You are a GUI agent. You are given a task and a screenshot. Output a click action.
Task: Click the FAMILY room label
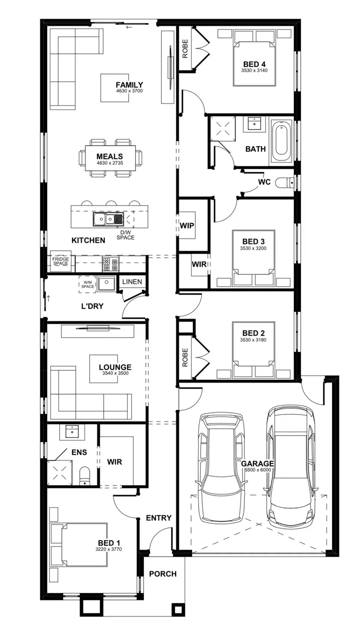(x=129, y=85)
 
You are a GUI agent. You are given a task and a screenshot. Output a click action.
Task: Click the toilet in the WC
(x=288, y=183)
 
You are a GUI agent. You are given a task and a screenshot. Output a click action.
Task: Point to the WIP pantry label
(x=187, y=225)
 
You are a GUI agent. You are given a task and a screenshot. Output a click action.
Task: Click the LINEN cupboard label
(x=132, y=281)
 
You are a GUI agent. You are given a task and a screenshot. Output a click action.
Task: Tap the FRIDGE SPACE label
(x=60, y=261)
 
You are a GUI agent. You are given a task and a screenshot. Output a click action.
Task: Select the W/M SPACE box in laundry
(x=87, y=284)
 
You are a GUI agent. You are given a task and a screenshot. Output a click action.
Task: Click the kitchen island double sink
(x=108, y=219)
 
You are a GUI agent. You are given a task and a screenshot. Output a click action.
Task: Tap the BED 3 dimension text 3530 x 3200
(x=253, y=248)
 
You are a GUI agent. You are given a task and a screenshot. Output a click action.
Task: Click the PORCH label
(x=162, y=573)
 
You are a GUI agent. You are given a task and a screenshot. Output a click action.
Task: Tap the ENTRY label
(x=158, y=518)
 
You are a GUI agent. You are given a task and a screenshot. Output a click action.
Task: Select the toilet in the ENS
(x=84, y=475)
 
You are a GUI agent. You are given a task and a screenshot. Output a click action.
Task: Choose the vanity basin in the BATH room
(x=252, y=124)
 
